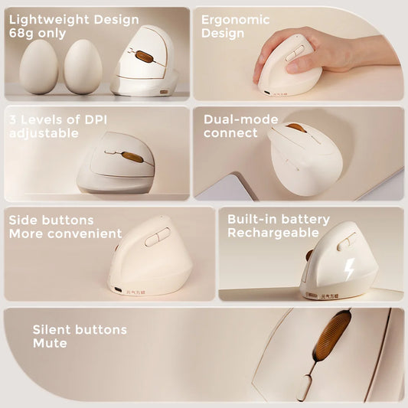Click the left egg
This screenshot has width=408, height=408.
pos(38,67)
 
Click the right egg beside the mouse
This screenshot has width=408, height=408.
pos(83,67)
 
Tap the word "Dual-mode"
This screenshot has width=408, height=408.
pos(241,119)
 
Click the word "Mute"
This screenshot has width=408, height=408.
pos(49,344)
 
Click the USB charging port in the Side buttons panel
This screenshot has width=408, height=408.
pos(116,289)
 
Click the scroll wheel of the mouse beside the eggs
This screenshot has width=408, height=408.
pos(144,56)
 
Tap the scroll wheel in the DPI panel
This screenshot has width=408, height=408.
pos(132,156)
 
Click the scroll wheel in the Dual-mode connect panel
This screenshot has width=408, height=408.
pos(296,128)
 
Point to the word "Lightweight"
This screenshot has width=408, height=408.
pos(45,19)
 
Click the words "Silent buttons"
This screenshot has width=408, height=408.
pos(80,330)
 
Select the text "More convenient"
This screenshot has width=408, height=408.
pos(66,233)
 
